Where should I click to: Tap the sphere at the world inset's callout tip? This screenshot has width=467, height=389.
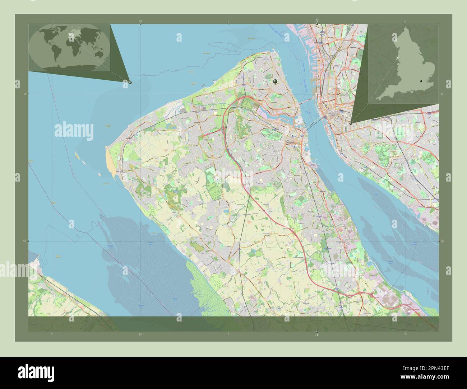point(130,82)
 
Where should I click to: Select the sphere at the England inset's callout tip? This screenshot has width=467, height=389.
point(350,123)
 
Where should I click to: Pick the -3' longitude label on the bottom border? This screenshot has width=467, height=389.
point(316,335)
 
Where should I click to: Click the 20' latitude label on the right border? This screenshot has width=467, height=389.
point(442,242)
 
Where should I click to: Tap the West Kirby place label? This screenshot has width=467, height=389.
point(123,172)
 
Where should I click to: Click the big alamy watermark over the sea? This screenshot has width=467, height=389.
point(74,130)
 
